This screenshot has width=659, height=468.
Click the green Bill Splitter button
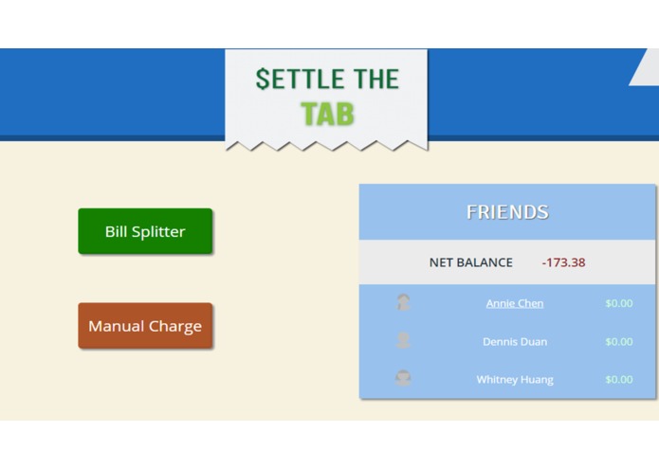(x=145, y=231)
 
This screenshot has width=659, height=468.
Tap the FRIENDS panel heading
(x=507, y=212)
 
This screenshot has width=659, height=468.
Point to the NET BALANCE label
(x=470, y=262)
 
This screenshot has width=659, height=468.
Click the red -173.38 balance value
(x=563, y=262)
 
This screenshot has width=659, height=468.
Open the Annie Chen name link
(x=515, y=303)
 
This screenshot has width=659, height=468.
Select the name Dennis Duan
(x=515, y=341)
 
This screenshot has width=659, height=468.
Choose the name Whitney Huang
(x=515, y=379)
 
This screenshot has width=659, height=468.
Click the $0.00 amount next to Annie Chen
(x=618, y=303)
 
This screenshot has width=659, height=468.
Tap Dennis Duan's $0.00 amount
(x=618, y=341)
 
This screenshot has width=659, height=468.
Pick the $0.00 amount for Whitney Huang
(x=618, y=379)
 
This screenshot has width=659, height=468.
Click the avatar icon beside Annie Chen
(x=403, y=303)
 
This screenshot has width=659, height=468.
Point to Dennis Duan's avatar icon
(x=403, y=341)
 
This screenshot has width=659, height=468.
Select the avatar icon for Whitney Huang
(x=403, y=379)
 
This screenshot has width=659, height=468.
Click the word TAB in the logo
(x=327, y=114)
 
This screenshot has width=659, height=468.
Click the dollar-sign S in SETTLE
(x=263, y=79)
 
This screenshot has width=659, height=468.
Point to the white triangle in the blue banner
(x=647, y=70)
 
